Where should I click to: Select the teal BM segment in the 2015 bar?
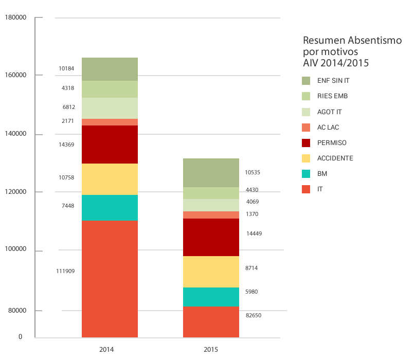(211, 297)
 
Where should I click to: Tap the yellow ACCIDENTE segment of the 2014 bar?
(110, 179)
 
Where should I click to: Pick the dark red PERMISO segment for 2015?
(211, 237)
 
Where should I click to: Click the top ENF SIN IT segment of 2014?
(110, 69)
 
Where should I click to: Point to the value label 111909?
(65, 271)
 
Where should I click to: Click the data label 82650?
(254, 315)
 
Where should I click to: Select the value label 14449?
(254, 233)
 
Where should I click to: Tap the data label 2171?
(68, 121)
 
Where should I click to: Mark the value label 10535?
(253, 172)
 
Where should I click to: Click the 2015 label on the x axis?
(211, 350)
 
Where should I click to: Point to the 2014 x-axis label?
(106, 350)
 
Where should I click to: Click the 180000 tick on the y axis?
(15, 17)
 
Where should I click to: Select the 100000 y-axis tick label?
(15, 249)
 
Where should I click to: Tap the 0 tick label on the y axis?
(21, 337)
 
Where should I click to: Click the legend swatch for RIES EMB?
(307, 96)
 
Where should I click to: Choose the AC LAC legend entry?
(328, 127)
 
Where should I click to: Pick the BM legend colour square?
(307, 174)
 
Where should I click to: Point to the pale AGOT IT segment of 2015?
(211, 205)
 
